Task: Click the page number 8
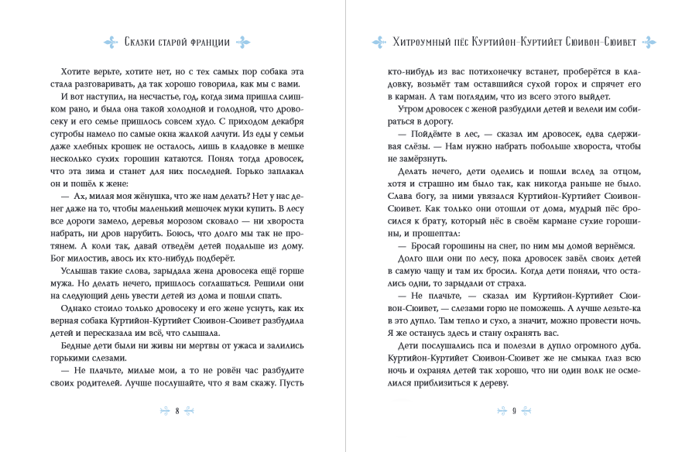click(177, 410)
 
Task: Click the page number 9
click(513, 410)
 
